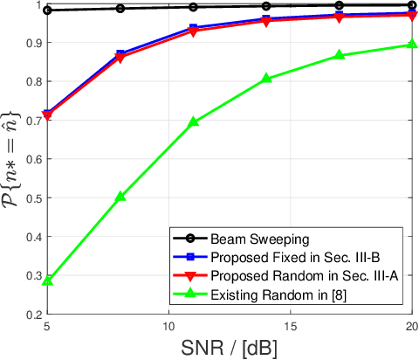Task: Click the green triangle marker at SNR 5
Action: point(47,281)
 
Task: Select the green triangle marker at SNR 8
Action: point(120,197)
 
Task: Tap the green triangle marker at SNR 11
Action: point(193,122)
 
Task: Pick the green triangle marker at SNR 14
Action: point(266,79)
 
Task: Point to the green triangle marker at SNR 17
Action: point(339,55)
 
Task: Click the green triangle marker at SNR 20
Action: point(411,45)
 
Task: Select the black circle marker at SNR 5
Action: point(47,10)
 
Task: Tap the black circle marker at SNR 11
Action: point(193,7)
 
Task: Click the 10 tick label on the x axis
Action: point(168,325)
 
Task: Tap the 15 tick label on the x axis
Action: point(290,325)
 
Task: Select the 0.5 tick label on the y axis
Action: point(33,197)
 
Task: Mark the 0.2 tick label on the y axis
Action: point(33,314)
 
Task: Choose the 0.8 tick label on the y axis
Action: point(33,82)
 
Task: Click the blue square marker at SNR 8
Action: point(120,54)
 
